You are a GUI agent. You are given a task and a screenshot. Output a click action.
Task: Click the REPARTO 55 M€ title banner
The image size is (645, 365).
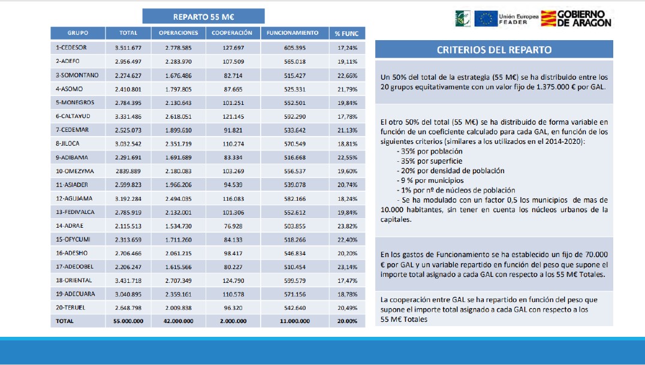[x=203, y=16]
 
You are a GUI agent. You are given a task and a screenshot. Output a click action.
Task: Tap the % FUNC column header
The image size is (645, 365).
[x=346, y=34]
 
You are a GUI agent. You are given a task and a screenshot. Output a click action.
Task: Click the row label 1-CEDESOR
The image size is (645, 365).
[x=71, y=47]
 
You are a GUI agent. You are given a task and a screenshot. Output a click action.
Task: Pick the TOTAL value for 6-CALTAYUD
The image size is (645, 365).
[x=128, y=116]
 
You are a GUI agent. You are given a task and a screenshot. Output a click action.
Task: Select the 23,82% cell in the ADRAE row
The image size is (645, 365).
[x=347, y=226]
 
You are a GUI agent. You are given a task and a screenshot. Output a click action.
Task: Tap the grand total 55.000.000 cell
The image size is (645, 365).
[x=128, y=321]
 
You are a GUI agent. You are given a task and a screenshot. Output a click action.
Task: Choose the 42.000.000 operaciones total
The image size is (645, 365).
[x=179, y=321]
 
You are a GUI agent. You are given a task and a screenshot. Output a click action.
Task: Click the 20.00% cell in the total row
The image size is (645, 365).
[x=347, y=321]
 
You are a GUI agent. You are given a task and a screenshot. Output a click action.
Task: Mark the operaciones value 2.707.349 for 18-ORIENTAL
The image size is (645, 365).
[x=179, y=280]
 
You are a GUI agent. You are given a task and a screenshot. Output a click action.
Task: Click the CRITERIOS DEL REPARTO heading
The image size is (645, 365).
[x=494, y=50]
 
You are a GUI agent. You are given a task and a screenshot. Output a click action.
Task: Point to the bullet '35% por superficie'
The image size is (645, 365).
[x=429, y=161]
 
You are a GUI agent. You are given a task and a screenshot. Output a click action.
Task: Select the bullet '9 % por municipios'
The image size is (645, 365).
[x=430, y=180]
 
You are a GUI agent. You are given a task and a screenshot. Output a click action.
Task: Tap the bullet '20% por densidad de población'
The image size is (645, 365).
[x=450, y=171]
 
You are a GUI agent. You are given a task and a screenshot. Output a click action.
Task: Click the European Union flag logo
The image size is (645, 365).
[x=485, y=19]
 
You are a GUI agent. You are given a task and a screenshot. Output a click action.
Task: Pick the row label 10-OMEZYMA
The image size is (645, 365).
[x=73, y=171]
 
